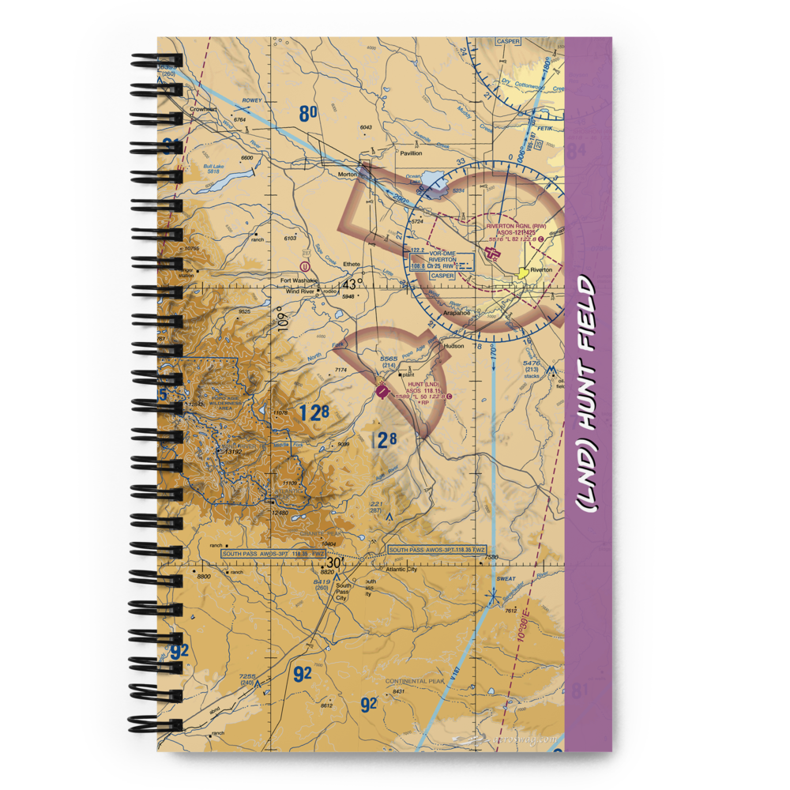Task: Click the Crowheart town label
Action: click(204, 110)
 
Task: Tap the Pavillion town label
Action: click(411, 153)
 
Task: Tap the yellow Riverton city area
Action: click(521, 273)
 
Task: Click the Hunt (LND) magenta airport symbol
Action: click(382, 390)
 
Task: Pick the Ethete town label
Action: click(352, 265)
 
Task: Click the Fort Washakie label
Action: click(300, 280)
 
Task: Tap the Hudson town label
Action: click(453, 346)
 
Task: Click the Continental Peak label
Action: click(415, 681)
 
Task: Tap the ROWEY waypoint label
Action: click(251, 101)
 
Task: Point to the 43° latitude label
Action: click(352, 283)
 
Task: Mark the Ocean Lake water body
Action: click(434, 184)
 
